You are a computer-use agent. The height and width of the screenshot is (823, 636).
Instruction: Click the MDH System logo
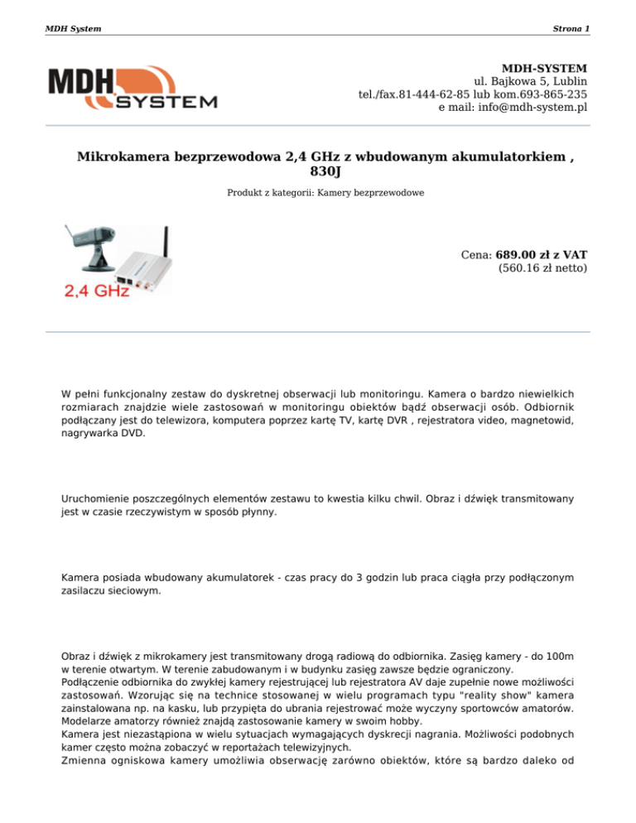pyautogui.click(x=133, y=89)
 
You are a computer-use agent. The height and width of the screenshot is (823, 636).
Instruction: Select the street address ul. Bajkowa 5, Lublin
pyautogui.click(x=530, y=81)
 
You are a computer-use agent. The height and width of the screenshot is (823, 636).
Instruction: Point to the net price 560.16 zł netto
pyautogui.click(x=543, y=268)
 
